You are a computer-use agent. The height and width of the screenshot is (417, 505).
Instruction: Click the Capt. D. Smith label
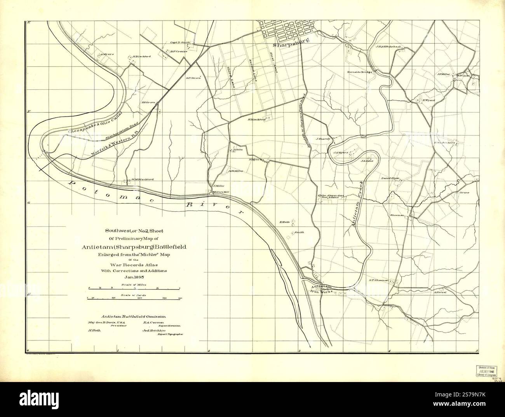tap(180, 43)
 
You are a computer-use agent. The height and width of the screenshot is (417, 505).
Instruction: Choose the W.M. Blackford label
tap(142, 180)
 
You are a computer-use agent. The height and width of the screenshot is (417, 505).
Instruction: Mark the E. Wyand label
tap(427, 100)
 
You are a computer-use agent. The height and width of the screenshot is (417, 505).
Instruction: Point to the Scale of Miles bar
tap(134, 288)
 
